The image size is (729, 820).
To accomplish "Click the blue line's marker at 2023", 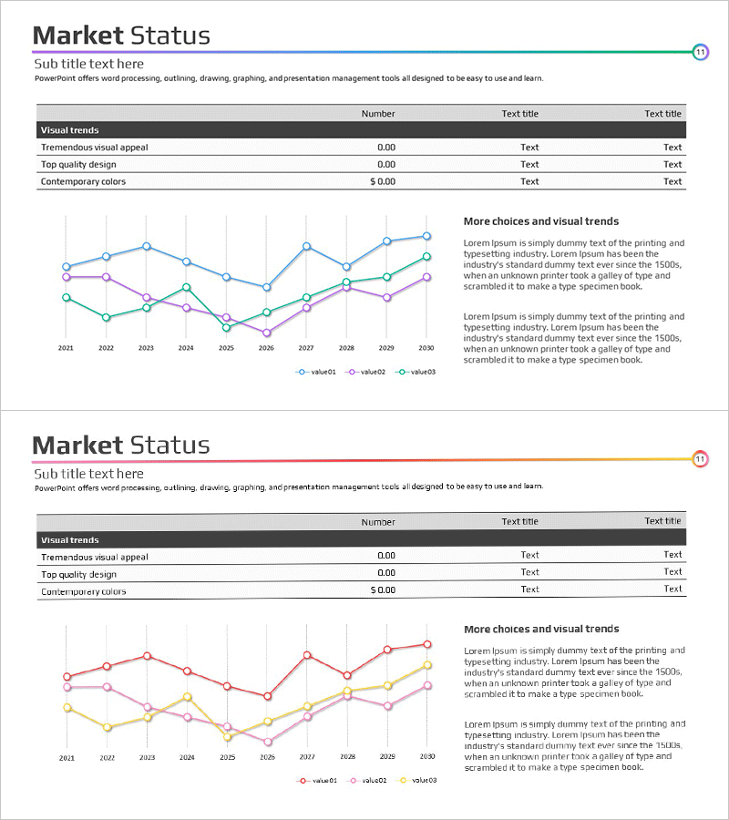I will coord(146,246).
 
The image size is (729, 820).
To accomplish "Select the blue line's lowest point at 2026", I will coord(266,287).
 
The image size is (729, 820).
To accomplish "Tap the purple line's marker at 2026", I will coord(266,333).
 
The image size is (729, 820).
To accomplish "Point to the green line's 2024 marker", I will coord(186,287).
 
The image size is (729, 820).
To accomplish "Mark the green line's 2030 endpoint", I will coord(426,257).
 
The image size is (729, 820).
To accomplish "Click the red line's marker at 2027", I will coord(307,655).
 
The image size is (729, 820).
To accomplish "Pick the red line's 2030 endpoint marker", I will coord(427,644).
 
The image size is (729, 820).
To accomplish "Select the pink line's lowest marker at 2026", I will coord(267,742).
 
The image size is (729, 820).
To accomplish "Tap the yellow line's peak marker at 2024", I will coord(187,697).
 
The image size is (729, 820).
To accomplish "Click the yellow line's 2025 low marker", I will coord(227,737).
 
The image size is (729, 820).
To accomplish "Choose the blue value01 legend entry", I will coord(316,372).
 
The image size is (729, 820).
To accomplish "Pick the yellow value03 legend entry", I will coord(417,780).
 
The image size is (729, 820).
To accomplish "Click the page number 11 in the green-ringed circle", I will coord(700,52).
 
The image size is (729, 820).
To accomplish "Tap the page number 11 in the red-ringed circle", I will coord(700,459).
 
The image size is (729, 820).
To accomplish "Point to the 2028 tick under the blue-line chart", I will coord(346,348).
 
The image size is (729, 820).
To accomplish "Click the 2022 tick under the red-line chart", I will coord(107,757).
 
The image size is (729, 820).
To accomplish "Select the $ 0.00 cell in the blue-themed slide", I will coord(383,181).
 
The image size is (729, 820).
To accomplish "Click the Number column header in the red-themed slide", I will coord(378,522).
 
